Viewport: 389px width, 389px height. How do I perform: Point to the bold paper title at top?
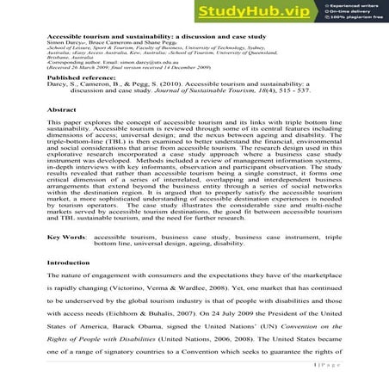pyautogui.click(x=139, y=39)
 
